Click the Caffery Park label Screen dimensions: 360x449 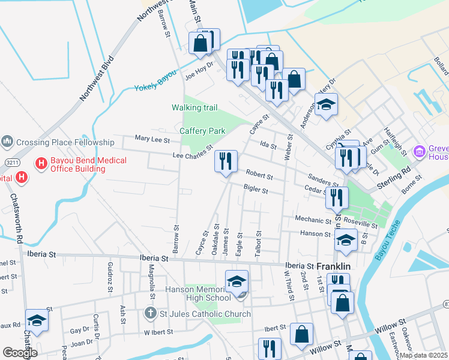[x=202, y=131]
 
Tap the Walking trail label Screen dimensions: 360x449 [x=194, y=108]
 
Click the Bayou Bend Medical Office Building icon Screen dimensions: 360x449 [x=41, y=163]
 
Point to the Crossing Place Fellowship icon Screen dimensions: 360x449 [x=7, y=142]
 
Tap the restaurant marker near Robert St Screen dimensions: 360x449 [x=226, y=161]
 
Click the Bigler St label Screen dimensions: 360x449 [x=255, y=189]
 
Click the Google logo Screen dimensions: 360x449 [x=20, y=353]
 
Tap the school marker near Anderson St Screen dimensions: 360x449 [x=326, y=105]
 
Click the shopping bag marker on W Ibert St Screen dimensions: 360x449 [x=301, y=335]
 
